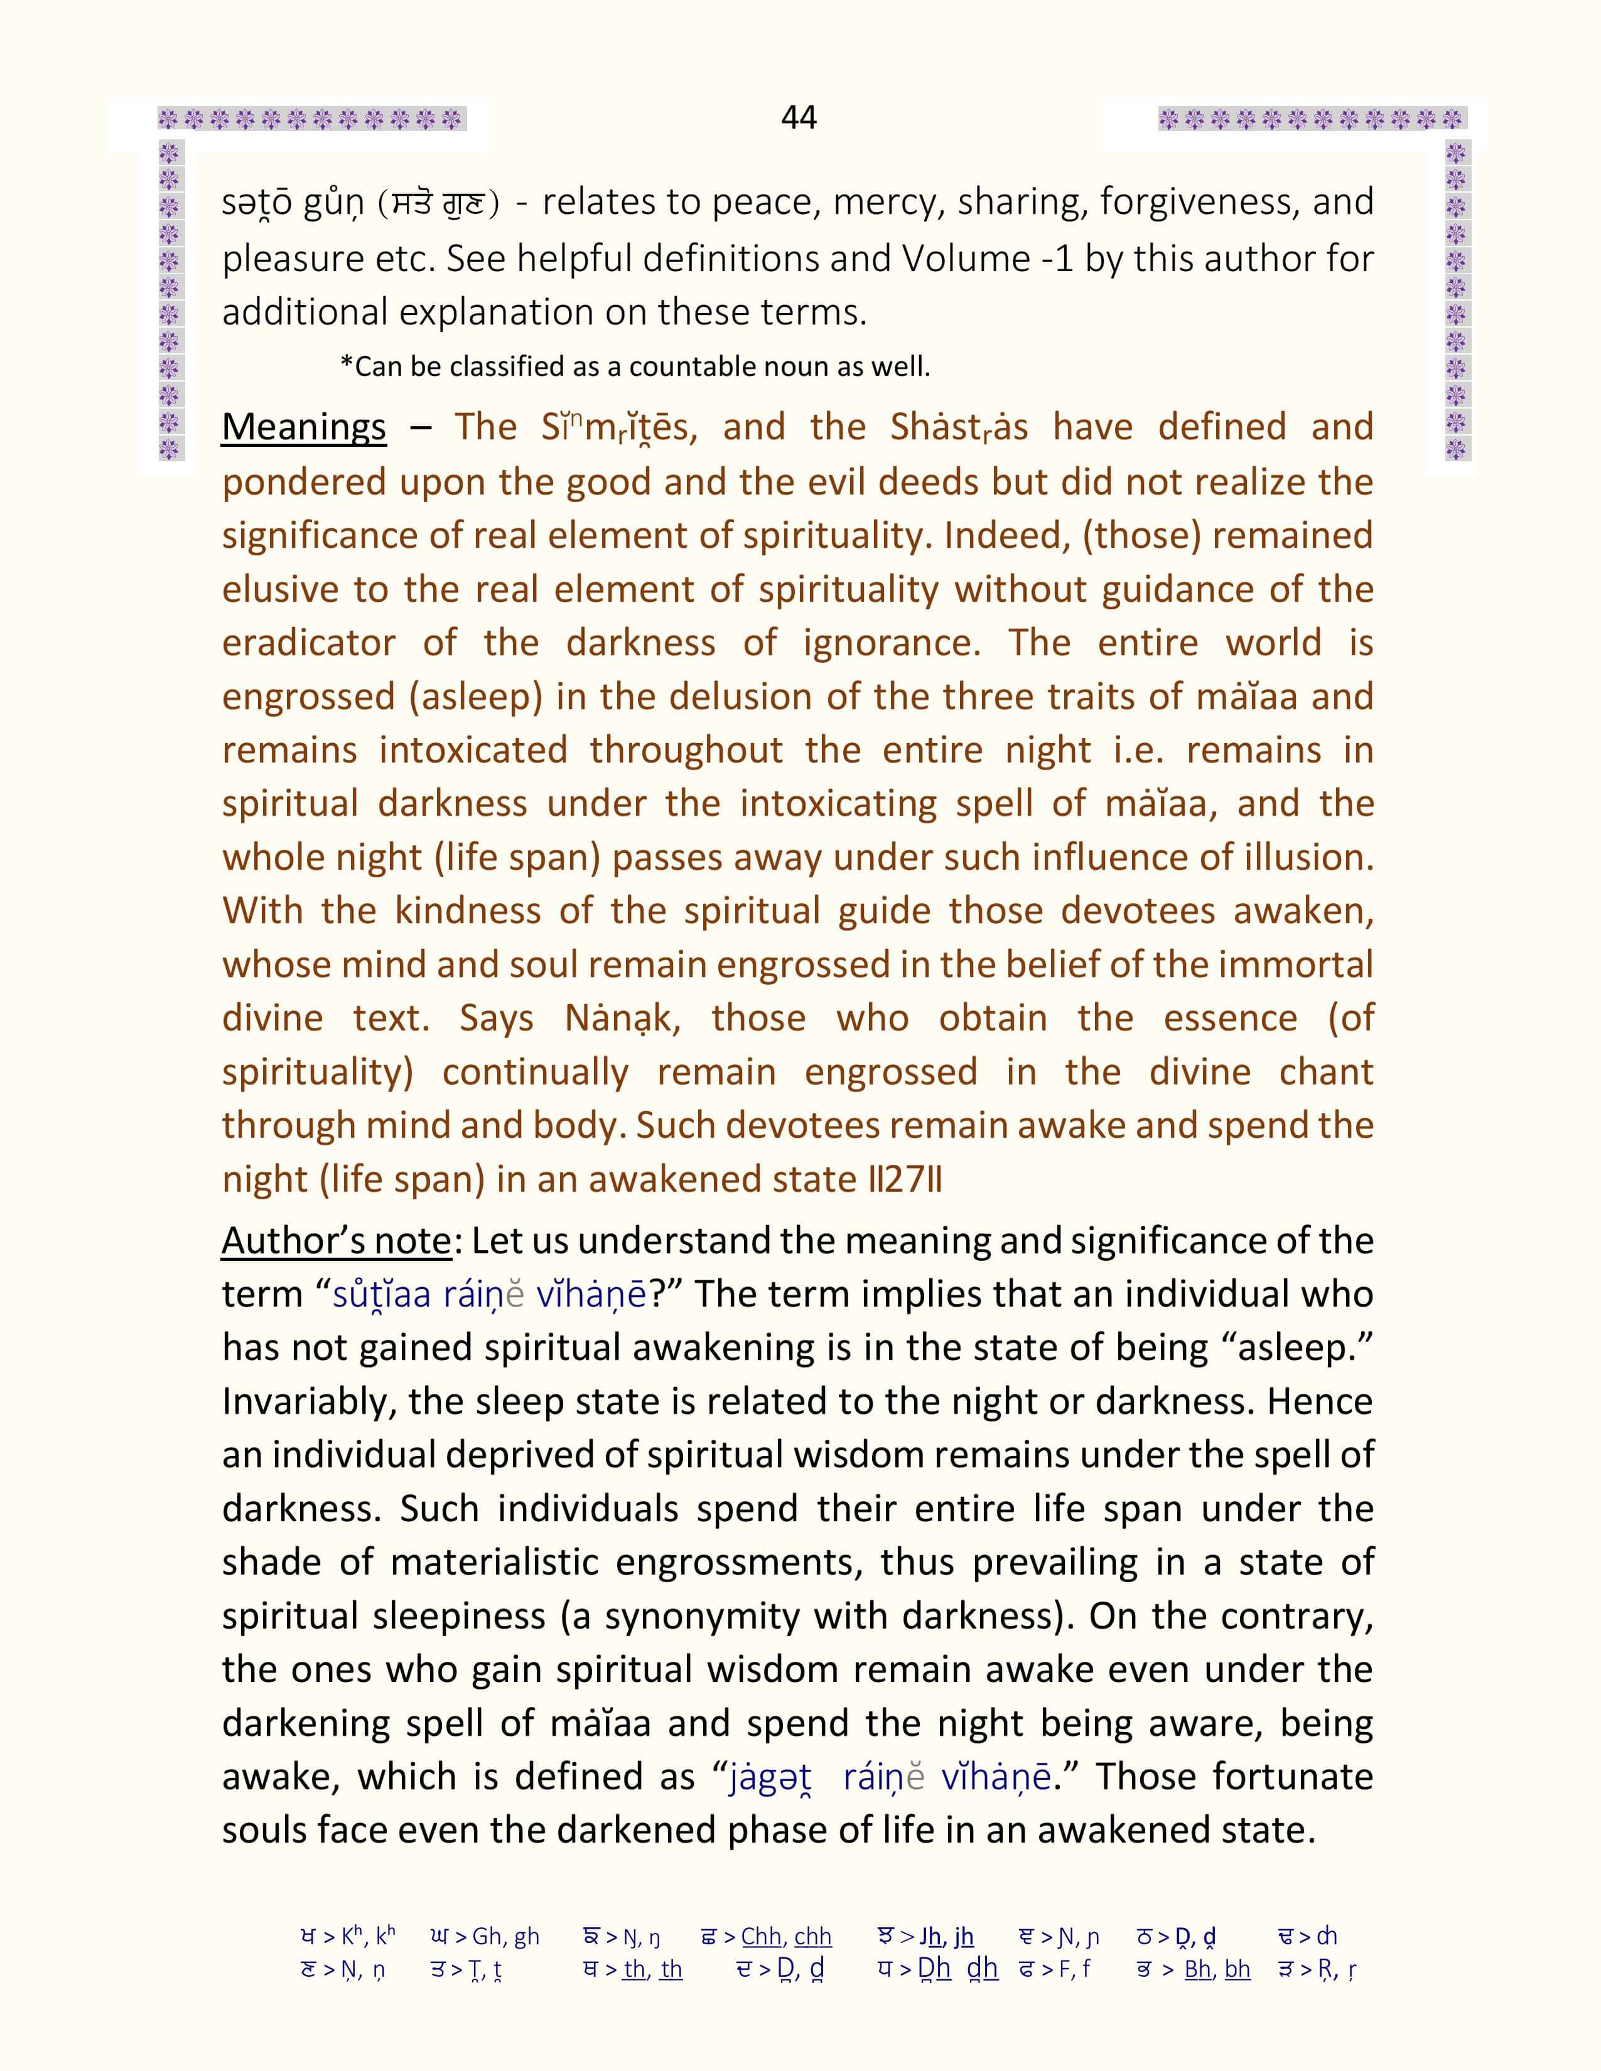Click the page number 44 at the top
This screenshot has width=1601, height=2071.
(799, 117)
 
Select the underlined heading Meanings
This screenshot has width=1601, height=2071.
(303, 427)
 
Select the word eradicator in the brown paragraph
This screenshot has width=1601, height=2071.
(308, 643)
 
